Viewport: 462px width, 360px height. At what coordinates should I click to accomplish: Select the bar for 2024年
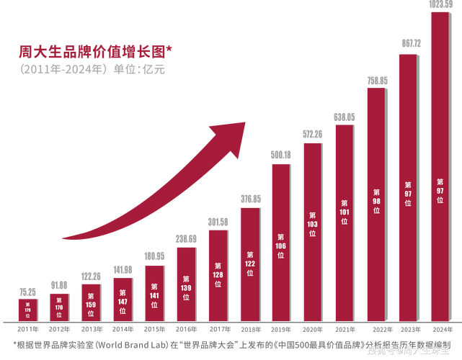pyautogui.click(x=440, y=166)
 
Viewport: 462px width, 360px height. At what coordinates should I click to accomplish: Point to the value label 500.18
pyautogui.click(x=281, y=156)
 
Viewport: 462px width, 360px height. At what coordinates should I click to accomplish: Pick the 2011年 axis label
pyautogui.click(x=27, y=329)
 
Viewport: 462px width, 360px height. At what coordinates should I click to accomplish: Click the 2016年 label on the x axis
pyautogui.click(x=186, y=329)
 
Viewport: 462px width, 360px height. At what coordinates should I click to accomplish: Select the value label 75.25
pyautogui.click(x=27, y=292)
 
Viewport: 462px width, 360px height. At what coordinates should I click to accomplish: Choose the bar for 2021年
pyautogui.click(x=345, y=223)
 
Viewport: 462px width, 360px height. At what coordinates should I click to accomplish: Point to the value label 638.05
pyautogui.click(x=345, y=117)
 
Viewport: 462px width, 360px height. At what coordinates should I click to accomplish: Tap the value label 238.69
pyautogui.click(x=186, y=239)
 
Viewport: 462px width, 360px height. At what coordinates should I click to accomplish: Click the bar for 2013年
pyautogui.click(x=91, y=302)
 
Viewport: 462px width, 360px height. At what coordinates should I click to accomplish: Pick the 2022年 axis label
pyautogui.click(x=376, y=329)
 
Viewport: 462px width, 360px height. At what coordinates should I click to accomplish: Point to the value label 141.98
pyautogui.click(x=123, y=270)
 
